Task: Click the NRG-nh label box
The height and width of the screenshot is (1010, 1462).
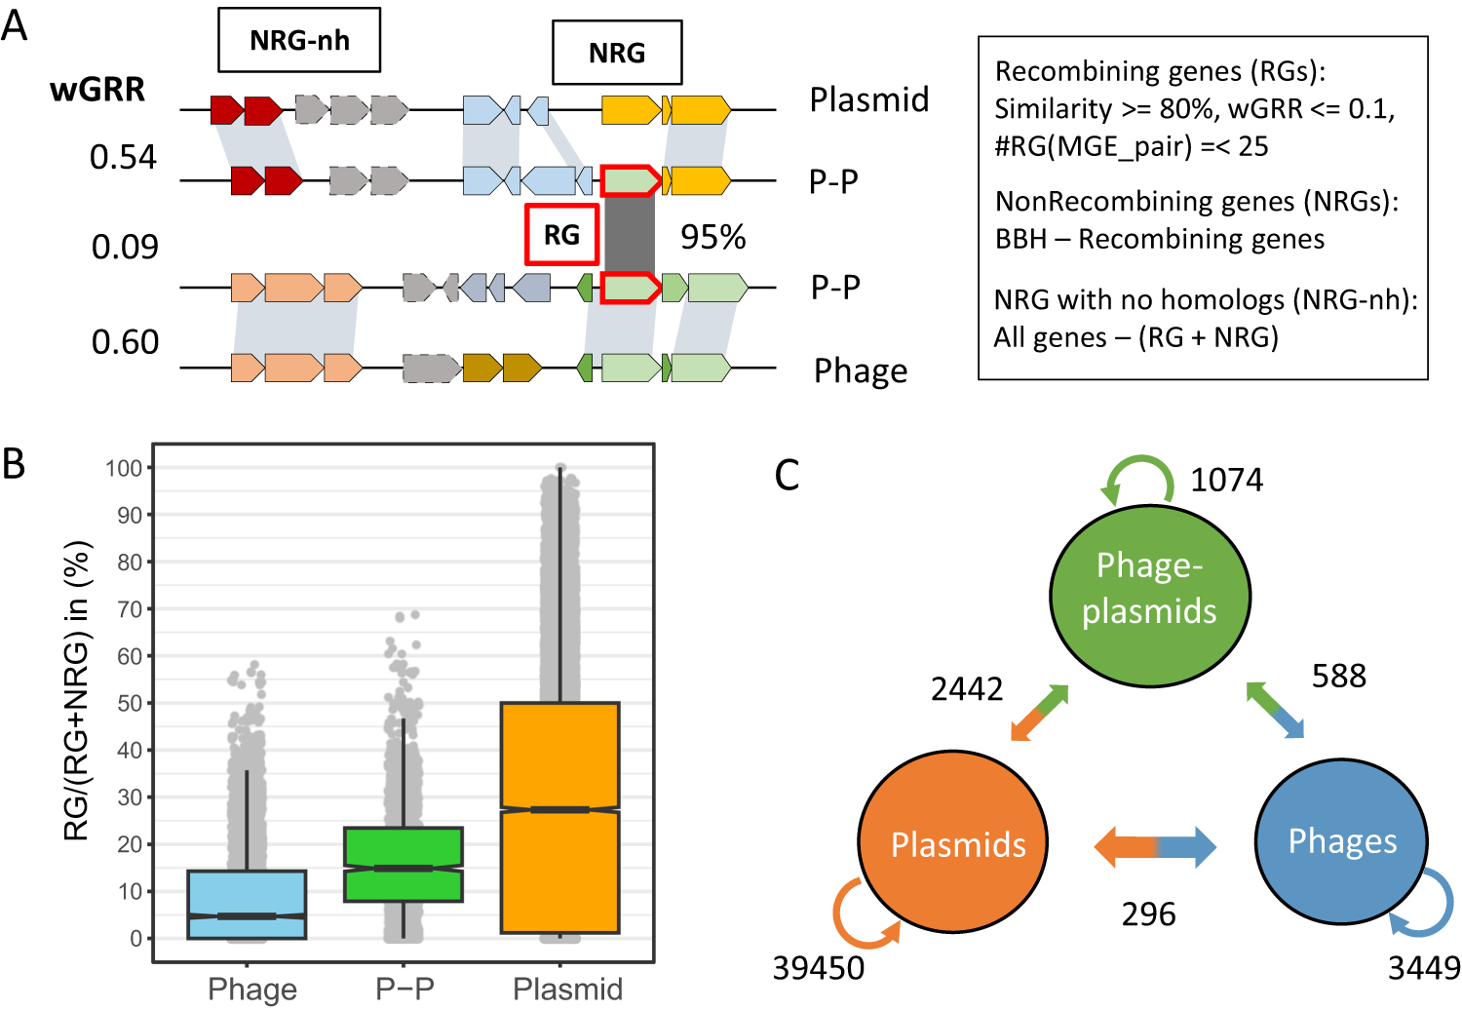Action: (299, 41)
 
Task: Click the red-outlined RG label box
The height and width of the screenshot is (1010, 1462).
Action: (561, 235)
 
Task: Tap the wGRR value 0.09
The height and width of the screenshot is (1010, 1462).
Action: (125, 248)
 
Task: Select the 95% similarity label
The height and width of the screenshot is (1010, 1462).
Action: (712, 237)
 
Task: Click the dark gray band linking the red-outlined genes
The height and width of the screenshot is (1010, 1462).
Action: (630, 235)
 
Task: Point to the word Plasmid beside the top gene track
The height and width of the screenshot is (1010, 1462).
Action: (869, 99)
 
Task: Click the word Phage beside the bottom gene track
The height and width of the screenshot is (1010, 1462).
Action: (861, 371)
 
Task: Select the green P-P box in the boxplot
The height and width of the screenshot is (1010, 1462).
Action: (404, 864)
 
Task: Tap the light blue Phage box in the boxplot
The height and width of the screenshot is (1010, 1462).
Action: (247, 904)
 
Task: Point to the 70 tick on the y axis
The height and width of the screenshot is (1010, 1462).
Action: (129, 609)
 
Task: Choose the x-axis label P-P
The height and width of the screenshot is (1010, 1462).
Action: (404, 989)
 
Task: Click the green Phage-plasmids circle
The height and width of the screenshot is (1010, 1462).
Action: (1149, 595)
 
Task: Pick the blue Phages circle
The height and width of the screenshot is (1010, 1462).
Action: (1342, 841)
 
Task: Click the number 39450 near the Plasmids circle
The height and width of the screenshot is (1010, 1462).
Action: (818, 968)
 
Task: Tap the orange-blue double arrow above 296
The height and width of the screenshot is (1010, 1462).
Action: (1155, 846)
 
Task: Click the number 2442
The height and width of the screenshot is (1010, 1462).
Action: (966, 689)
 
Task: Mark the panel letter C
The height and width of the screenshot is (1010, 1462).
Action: (787, 476)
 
